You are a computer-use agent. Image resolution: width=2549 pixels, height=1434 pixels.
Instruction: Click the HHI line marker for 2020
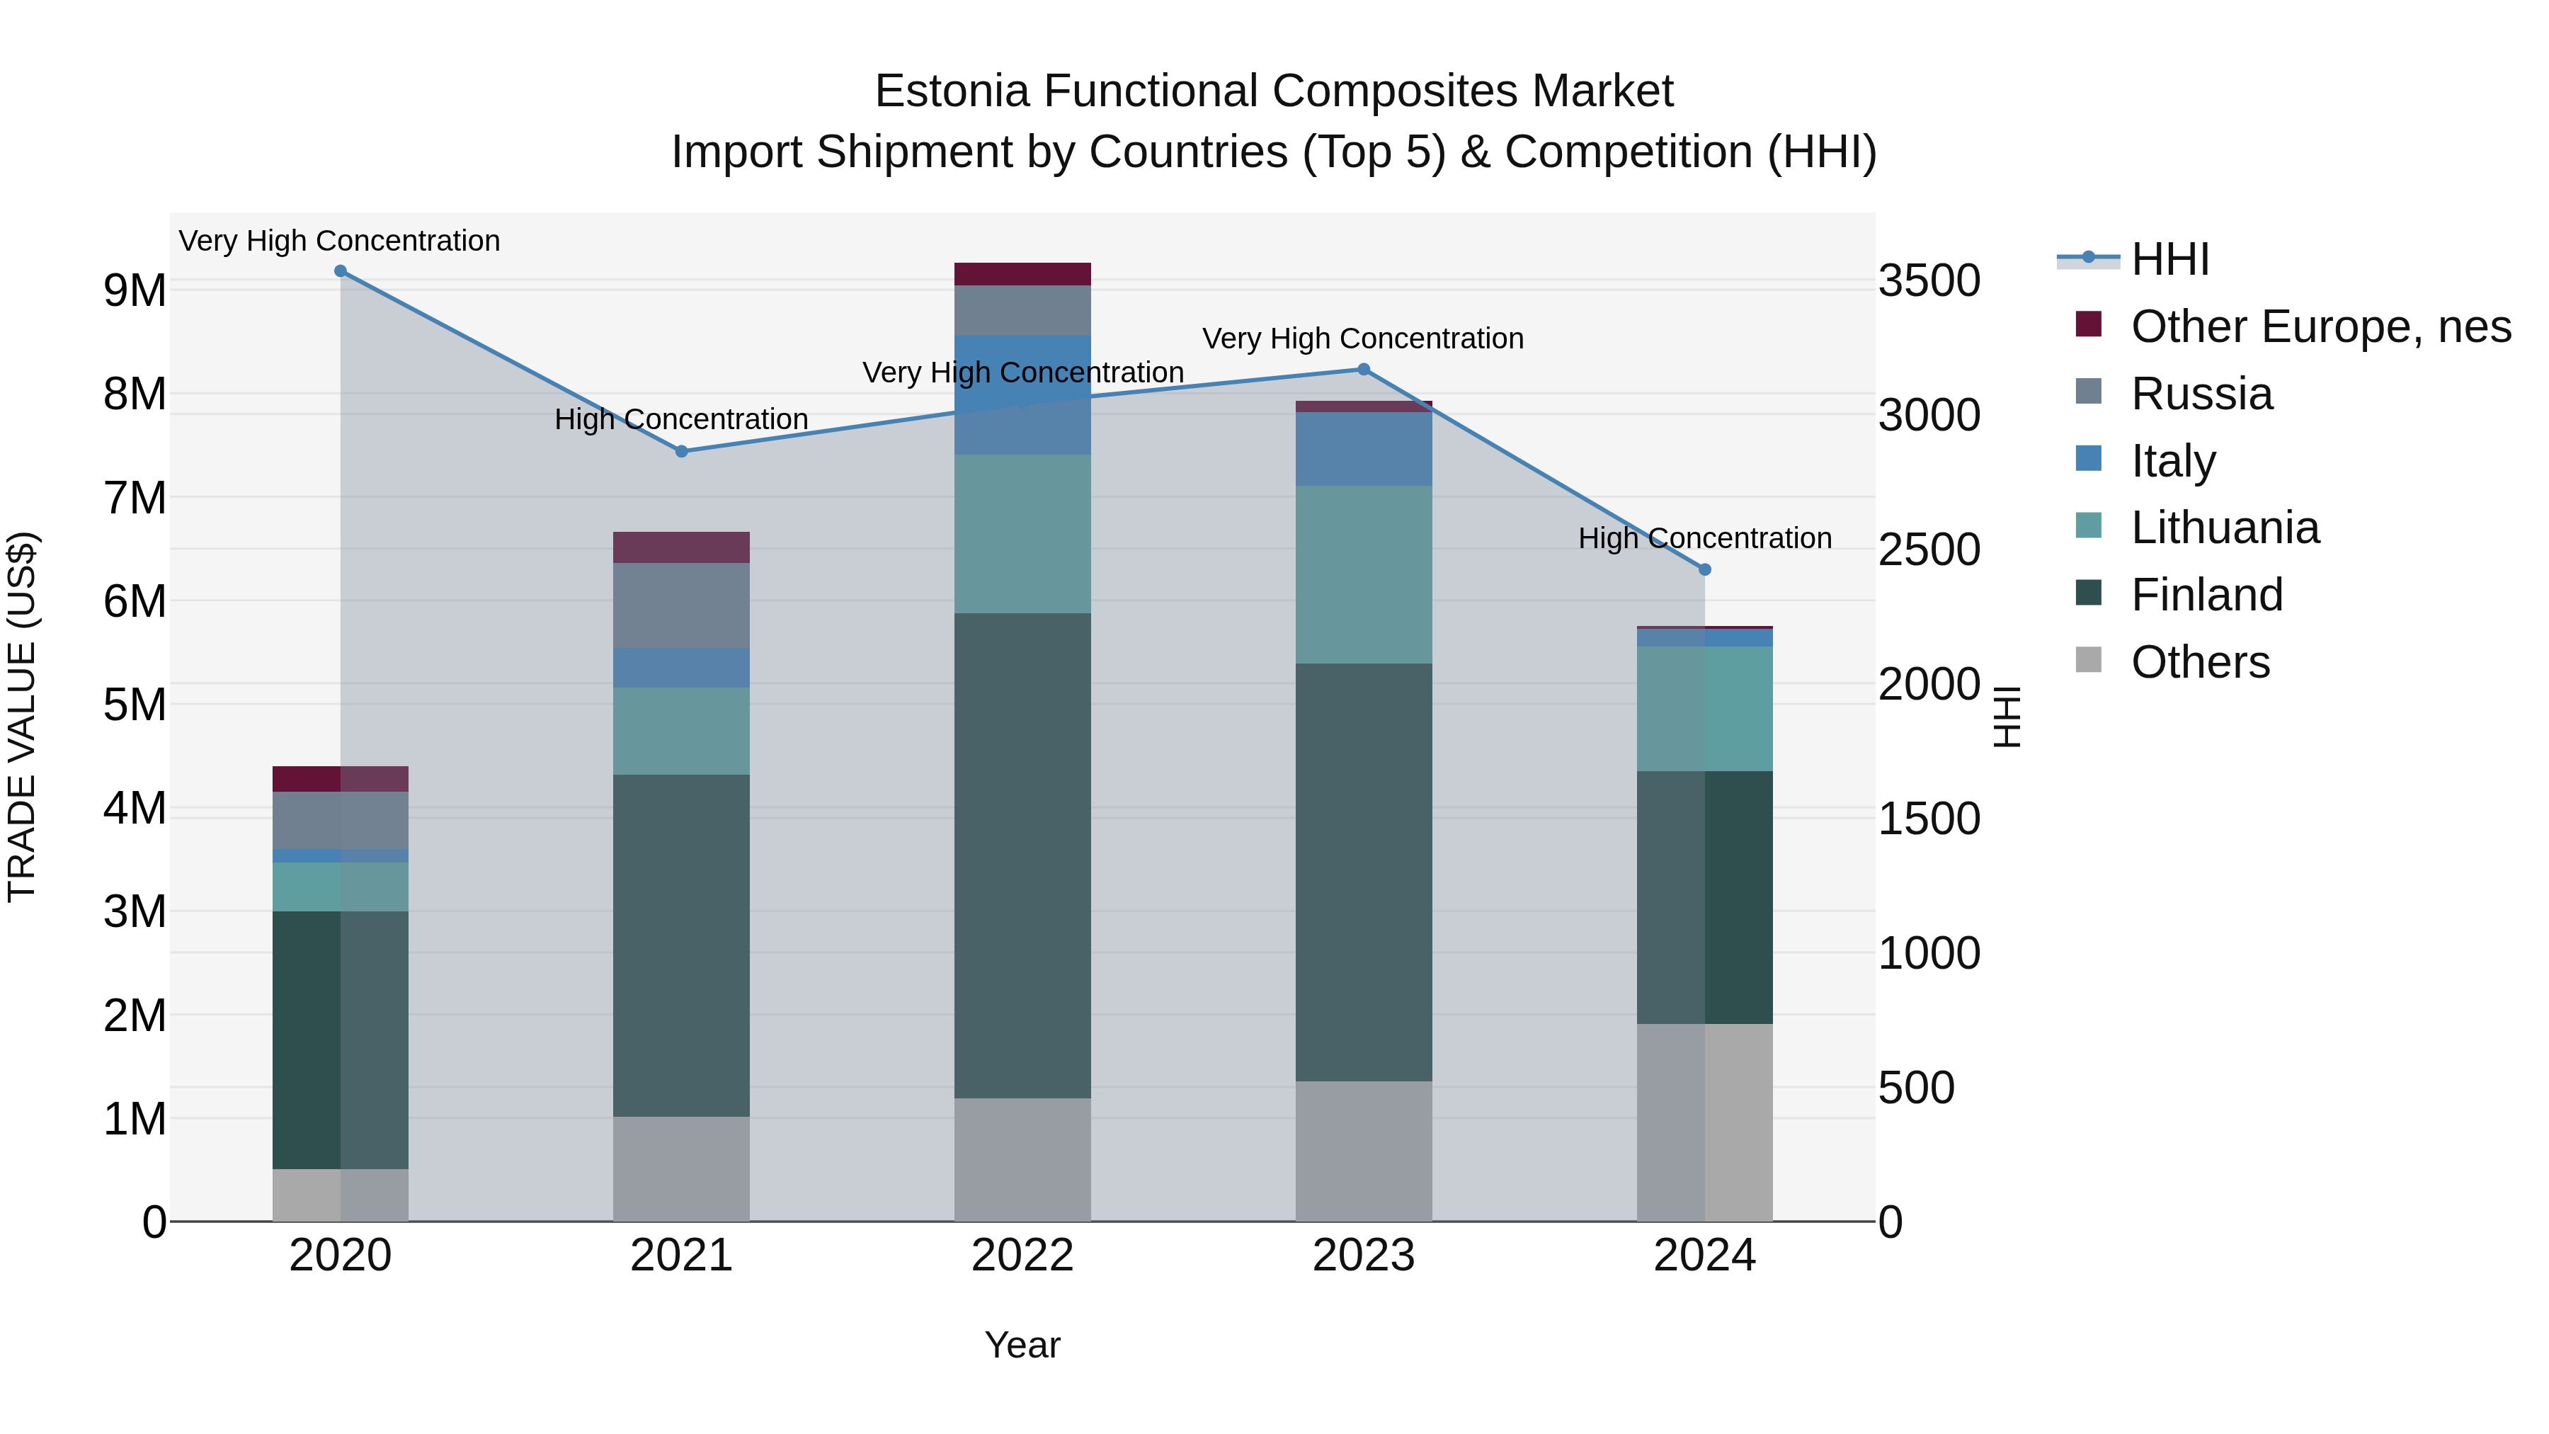(341, 271)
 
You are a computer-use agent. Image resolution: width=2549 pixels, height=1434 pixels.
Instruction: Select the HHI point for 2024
(1704, 569)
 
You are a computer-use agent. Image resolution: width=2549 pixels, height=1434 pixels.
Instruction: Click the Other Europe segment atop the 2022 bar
(1022, 274)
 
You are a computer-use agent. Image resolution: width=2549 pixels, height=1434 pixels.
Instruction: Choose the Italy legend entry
(2173, 461)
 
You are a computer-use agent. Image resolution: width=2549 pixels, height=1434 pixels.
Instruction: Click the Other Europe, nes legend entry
(2320, 326)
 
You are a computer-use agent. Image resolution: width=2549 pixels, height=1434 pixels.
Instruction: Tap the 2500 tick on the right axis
(1929, 550)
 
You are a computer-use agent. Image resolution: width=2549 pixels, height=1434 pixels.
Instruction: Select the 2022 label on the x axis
(1022, 1256)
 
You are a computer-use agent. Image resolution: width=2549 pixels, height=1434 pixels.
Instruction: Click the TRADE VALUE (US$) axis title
(22, 717)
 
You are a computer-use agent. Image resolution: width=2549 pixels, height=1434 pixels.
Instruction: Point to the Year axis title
(1022, 1345)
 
